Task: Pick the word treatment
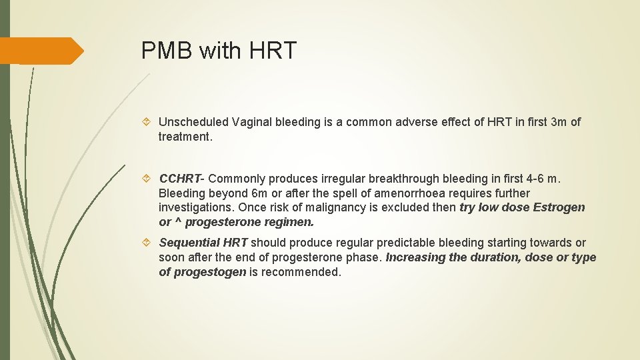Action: [x=185, y=136]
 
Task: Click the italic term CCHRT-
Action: [x=182, y=179]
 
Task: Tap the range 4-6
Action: [x=533, y=179]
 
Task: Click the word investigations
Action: [x=195, y=207]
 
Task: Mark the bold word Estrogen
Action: [x=559, y=207]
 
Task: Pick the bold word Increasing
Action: [x=414, y=257]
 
